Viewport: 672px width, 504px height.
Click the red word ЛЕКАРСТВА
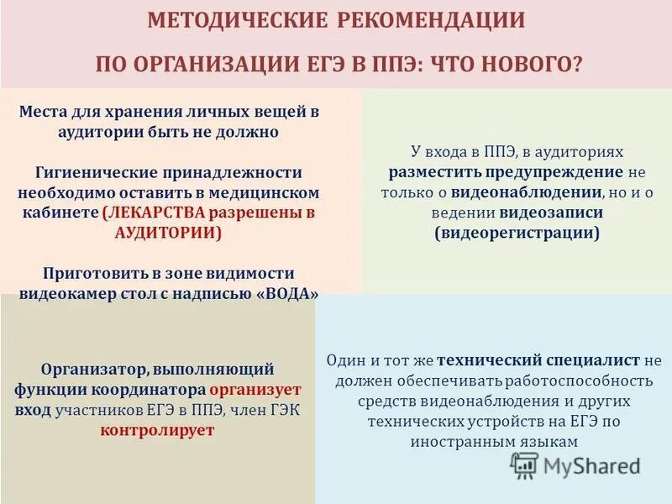(x=152, y=213)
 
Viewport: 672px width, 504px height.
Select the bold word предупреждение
(x=554, y=172)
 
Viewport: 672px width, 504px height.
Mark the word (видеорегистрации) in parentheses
(x=517, y=233)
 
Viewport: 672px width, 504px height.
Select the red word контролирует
(x=158, y=430)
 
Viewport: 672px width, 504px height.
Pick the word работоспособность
(x=570, y=380)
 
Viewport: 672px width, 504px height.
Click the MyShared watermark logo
(x=575, y=465)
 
